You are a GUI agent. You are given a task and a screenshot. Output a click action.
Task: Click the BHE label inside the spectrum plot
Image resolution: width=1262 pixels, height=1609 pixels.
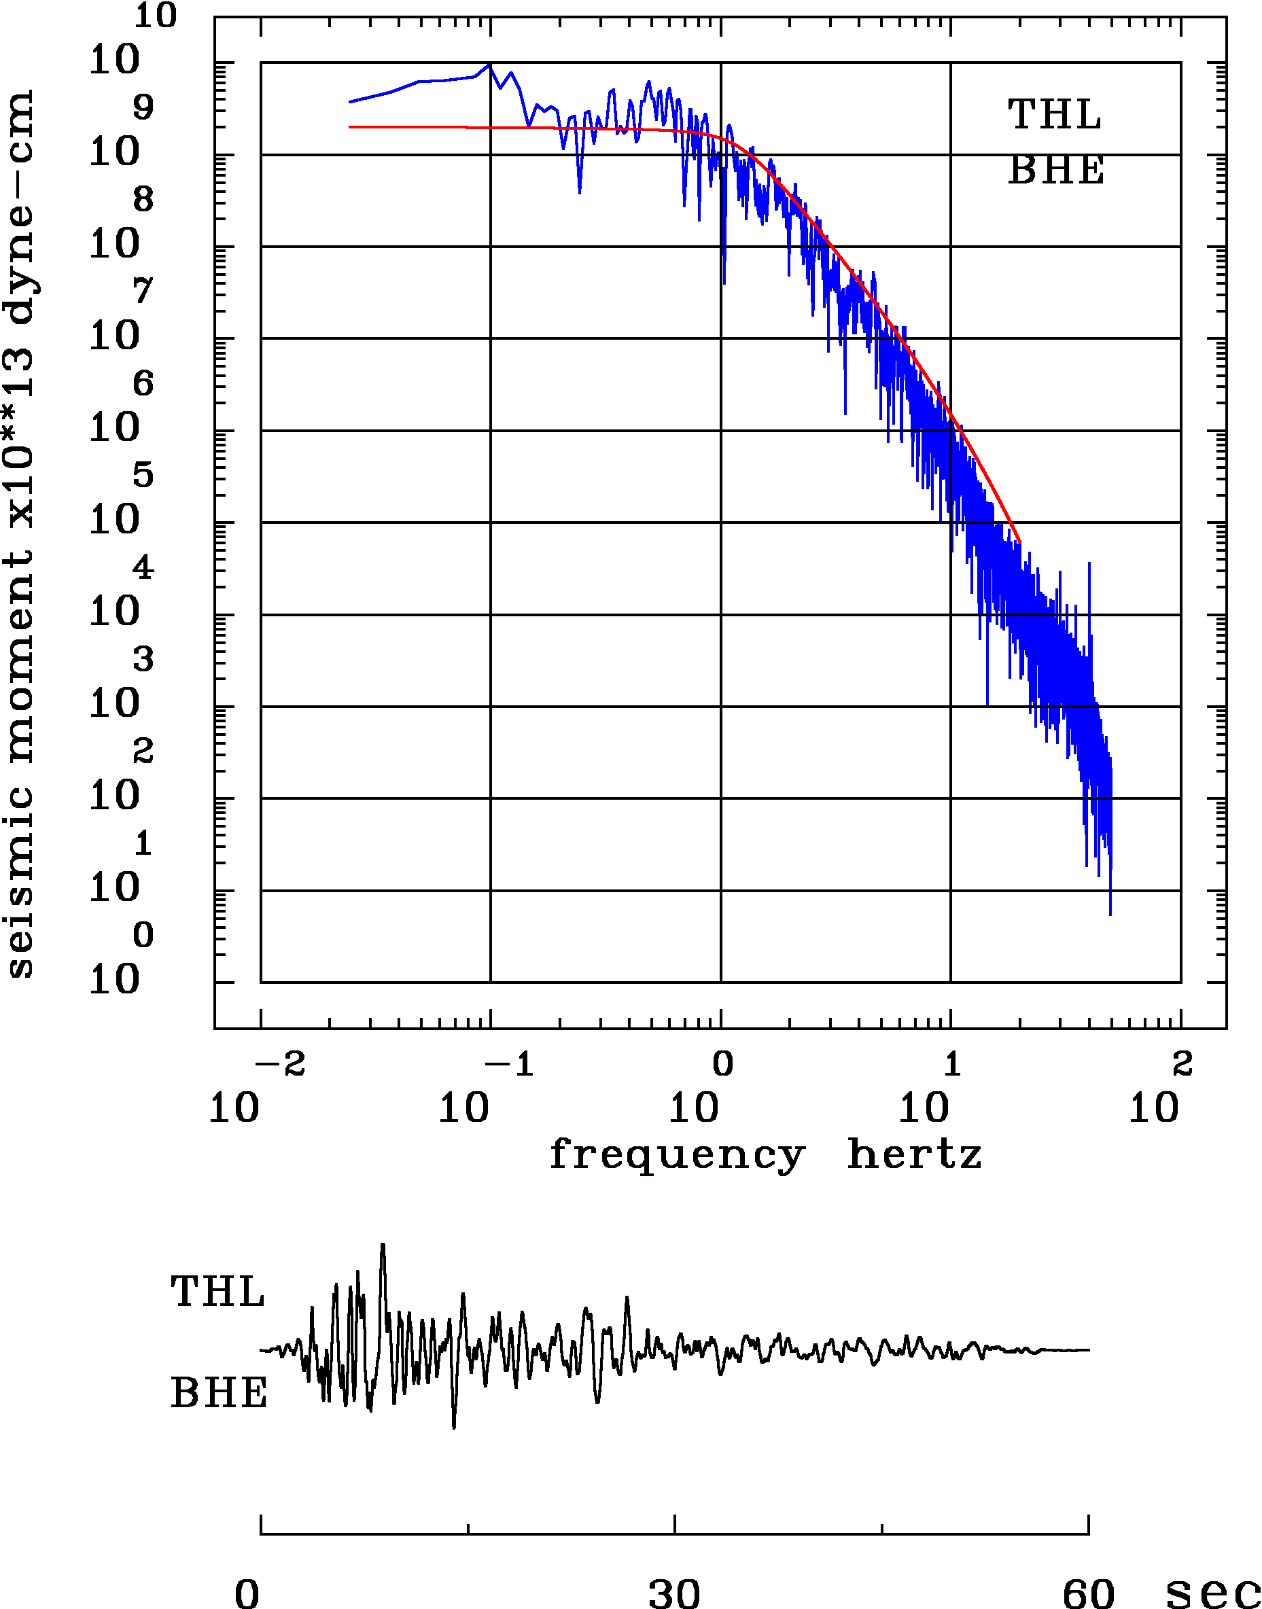(1056, 171)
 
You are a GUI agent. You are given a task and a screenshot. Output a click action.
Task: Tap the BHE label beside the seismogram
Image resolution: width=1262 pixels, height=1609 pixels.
(219, 1394)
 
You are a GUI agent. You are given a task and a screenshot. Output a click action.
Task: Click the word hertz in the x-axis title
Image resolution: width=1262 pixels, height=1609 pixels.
(914, 1154)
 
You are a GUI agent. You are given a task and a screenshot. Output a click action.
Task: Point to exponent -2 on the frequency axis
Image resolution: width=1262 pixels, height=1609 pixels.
(281, 1065)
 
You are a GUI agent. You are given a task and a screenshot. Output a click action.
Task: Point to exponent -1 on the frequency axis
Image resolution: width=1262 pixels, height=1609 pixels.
(510, 1065)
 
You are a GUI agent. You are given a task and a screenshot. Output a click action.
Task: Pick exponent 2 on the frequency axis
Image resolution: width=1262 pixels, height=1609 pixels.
(1182, 1065)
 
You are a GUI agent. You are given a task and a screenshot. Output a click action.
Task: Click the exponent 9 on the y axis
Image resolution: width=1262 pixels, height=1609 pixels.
(143, 108)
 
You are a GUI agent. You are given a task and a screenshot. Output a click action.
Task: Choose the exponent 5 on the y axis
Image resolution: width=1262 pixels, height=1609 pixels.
(143, 475)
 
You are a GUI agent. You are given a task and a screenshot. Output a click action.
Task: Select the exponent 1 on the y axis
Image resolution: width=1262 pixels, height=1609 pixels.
(143, 843)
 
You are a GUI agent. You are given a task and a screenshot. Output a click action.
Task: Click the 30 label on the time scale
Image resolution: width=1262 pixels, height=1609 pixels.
(674, 1592)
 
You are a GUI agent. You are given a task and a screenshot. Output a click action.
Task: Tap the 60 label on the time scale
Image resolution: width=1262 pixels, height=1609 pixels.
(1088, 1592)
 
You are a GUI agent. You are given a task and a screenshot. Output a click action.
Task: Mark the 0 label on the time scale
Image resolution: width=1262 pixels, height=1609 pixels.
(247, 1593)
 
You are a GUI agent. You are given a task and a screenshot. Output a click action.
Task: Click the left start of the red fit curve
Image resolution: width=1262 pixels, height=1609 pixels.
(350, 127)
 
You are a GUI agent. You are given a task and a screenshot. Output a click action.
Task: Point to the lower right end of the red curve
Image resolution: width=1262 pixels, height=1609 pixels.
(1019, 543)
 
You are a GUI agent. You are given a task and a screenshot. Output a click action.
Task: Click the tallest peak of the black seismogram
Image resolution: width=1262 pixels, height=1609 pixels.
(383, 1245)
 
